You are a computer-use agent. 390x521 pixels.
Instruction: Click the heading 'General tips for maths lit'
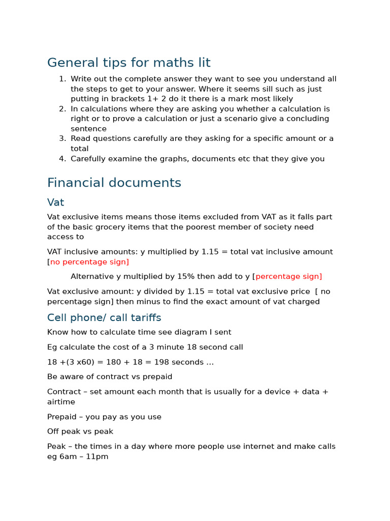[x=128, y=63]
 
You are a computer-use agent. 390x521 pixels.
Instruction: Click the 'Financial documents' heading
[x=114, y=183]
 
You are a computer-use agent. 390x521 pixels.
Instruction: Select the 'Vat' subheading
[x=55, y=202]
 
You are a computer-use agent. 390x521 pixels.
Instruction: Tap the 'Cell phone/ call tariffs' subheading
[x=104, y=317]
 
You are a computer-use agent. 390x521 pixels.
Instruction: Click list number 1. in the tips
[x=62, y=79]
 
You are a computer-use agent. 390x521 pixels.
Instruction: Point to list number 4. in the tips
[x=62, y=159]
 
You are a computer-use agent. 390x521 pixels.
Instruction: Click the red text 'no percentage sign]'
[x=89, y=262]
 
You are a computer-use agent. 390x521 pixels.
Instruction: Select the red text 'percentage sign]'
[x=288, y=277]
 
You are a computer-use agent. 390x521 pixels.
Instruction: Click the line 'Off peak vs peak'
[x=80, y=431]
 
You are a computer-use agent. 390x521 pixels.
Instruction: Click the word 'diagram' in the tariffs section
[x=179, y=332]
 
